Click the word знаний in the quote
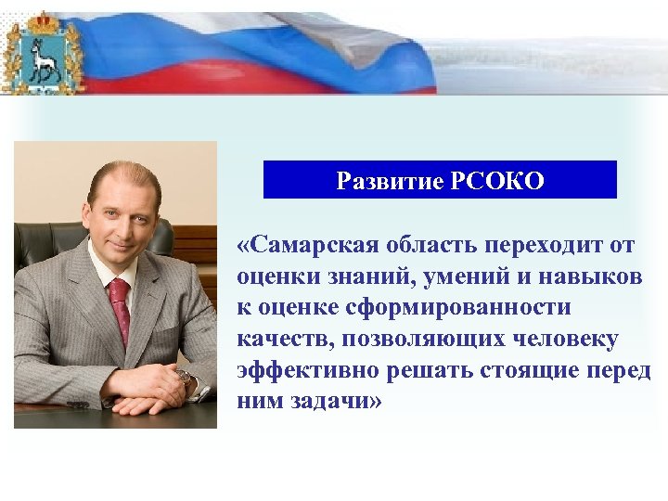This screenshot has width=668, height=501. click(x=346, y=276)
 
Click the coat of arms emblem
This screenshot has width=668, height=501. click(x=43, y=56)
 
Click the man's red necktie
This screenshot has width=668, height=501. click(x=120, y=311)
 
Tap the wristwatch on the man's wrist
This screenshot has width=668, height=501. click(x=185, y=377)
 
